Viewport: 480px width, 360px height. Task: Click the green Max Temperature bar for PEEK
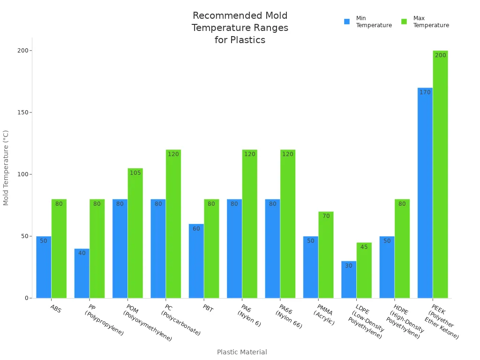pyautogui.click(x=440, y=178)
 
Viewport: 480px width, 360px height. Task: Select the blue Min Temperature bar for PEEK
pyautogui.click(x=425, y=197)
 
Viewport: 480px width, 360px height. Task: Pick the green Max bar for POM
pyautogui.click(x=135, y=234)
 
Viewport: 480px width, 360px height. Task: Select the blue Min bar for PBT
pyautogui.click(x=196, y=262)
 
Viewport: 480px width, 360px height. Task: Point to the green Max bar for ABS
pyautogui.click(x=59, y=251)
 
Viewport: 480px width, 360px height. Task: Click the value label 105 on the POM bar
pyautogui.click(x=135, y=173)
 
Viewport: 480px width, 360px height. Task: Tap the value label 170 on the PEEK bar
pyautogui.click(x=425, y=92)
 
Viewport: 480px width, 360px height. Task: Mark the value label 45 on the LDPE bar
pyautogui.click(x=364, y=247)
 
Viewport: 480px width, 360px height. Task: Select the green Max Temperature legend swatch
pyautogui.click(x=404, y=22)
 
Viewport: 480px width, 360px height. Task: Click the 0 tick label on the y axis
pyautogui.click(x=27, y=298)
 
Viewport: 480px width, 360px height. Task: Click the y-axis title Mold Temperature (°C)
pyautogui.click(x=6, y=168)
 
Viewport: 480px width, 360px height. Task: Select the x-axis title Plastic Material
pyautogui.click(x=242, y=352)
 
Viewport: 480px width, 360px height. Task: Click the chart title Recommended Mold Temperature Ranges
pyautogui.click(x=240, y=28)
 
